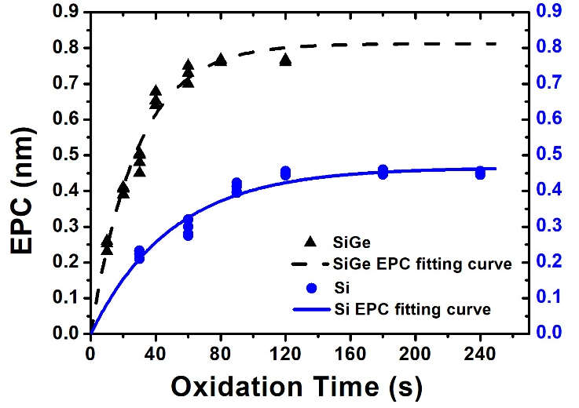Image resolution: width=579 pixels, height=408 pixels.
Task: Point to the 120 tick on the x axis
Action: pos(285,351)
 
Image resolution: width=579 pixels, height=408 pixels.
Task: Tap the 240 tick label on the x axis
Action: pos(479,351)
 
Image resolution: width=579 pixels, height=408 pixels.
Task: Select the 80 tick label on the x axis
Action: pos(221,351)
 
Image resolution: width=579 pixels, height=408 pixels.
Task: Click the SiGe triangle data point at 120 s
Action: pos(285,60)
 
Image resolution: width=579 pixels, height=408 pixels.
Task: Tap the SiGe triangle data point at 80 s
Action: pos(221,60)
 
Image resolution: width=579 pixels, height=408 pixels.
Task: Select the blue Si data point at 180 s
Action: pos(383,172)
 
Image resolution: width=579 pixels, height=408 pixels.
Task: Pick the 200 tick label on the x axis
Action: pos(415,351)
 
